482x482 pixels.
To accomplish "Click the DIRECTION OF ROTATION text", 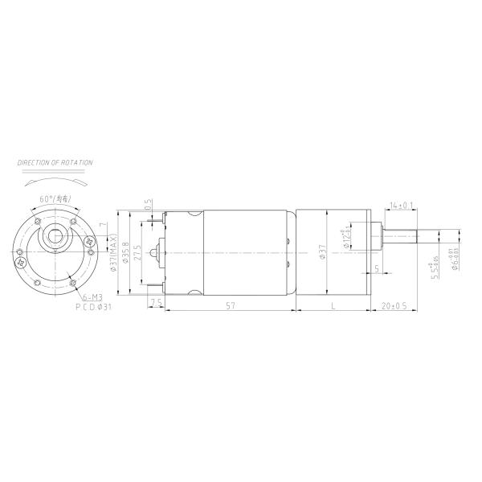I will [x=55, y=162].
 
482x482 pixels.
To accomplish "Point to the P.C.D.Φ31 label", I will [x=92, y=306].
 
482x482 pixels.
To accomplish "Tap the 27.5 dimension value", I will [x=138, y=253].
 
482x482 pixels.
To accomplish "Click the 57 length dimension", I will [x=230, y=306].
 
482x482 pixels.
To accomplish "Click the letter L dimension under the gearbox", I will [x=332, y=306].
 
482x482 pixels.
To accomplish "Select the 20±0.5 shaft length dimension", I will [x=394, y=306].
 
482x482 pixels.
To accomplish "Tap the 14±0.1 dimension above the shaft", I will [x=401, y=206].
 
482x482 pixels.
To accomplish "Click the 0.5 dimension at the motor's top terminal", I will [x=148, y=205].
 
